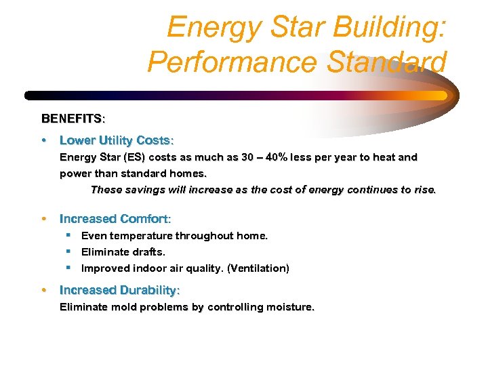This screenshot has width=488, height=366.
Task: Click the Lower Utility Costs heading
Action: coord(117,140)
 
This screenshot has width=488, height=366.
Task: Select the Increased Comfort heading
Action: coord(115,219)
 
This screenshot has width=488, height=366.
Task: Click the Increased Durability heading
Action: coord(120,290)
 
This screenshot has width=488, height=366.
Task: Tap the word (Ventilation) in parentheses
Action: coord(258,268)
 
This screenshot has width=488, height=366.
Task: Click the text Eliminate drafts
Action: coord(123,252)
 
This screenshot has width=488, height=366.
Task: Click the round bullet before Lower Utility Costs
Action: coord(44,140)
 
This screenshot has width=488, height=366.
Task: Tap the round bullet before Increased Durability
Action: coord(44,290)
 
